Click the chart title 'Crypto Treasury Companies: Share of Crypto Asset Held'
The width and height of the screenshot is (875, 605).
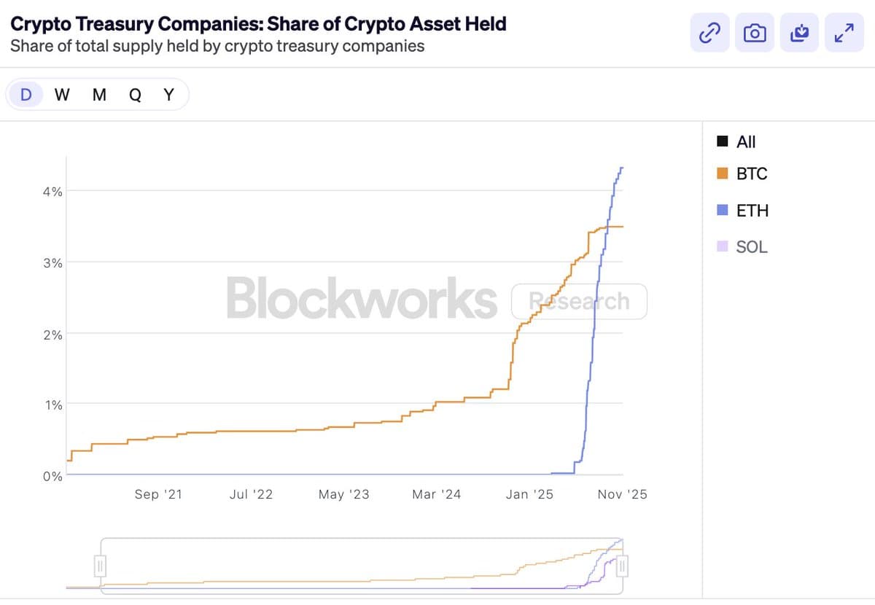point(258,23)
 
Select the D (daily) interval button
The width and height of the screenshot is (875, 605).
point(26,95)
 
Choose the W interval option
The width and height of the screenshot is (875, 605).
point(62,95)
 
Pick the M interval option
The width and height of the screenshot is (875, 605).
point(99,95)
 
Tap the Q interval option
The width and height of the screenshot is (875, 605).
point(135,95)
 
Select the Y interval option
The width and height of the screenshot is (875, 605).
point(168,95)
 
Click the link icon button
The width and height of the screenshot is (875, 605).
point(709,33)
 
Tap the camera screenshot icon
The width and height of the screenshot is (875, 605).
point(755,33)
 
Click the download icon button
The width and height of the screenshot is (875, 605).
point(800,33)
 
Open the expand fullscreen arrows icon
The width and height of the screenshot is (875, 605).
point(844,33)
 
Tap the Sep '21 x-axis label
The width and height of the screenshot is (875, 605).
point(158,494)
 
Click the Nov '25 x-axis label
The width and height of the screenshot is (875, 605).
point(622,494)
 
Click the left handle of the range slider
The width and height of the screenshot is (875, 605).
point(101,565)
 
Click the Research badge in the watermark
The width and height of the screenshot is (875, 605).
point(579,301)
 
